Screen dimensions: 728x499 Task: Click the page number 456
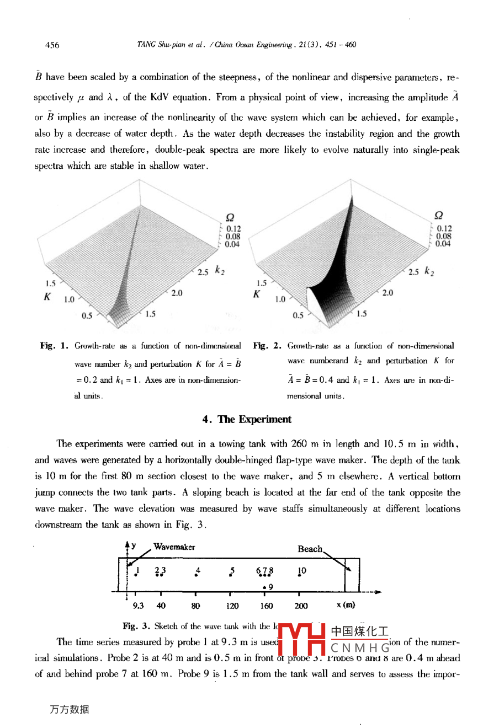pyautogui.click(x=52, y=45)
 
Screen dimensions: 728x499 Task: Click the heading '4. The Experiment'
pyautogui.click(x=247, y=419)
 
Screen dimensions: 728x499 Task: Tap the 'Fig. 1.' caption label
pyautogui.click(x=54, y=346)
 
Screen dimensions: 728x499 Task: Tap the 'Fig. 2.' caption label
pyautogui.click(x=267, y=346)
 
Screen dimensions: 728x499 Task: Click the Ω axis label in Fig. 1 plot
pyautogui.click(x=230, y=217)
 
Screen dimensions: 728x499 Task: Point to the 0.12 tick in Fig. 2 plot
pyautogui.click(x=444, y=228)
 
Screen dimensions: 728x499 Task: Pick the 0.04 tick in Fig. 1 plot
pyautogui.click(x=232, y=244)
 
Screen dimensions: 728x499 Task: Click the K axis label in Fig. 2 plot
pyautogui.click(x=256, y=295)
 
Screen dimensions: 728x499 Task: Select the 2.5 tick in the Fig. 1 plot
pyautogui.click(x=203, y=272)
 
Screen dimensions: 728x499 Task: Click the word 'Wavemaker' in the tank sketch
pyautogui.click(x=174, y=547)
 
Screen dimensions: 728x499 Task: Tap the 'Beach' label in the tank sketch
pyautogui.click(x=310, y=549)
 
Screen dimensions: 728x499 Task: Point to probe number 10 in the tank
pyautogui.click(x=301, y=570)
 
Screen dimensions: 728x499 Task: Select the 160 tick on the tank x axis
pyautogui.click(x=267, y=606)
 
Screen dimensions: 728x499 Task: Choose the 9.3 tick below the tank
pyautogui.click(x=138, y=606)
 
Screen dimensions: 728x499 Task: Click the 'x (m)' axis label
pyautogui.click(x=346, y=605)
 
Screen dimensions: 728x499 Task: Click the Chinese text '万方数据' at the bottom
pyautogui.click(x=69, y=710)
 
